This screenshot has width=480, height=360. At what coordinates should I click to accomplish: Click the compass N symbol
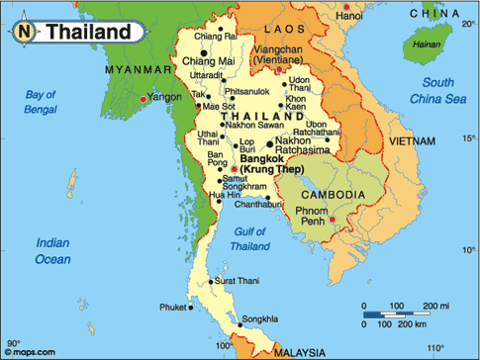tap(23, 31)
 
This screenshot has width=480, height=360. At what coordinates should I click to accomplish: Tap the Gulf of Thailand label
tap(249, 238)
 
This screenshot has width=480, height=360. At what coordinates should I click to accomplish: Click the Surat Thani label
tap(237, 282)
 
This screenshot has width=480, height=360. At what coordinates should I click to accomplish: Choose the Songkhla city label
tap(260, 318)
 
